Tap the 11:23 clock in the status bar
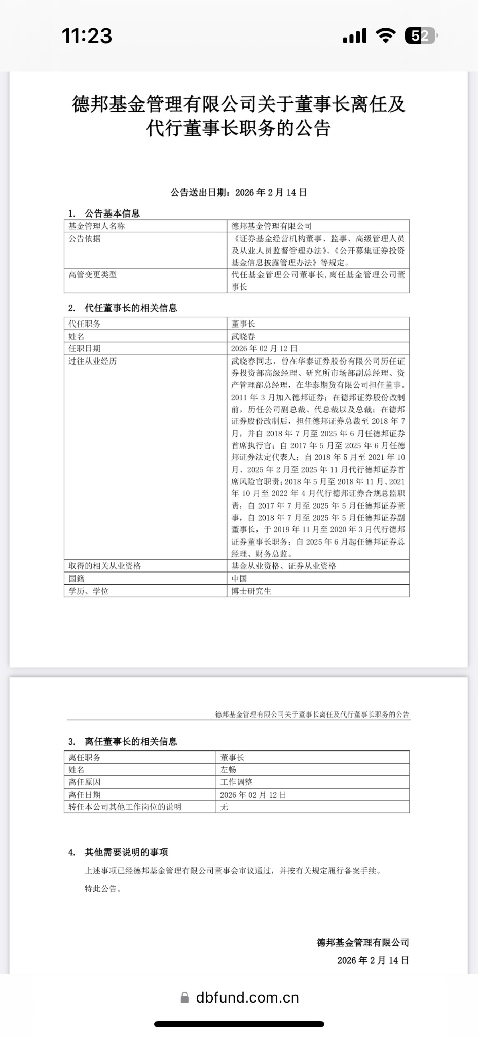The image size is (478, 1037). pyautogui.click(x=87, y=35)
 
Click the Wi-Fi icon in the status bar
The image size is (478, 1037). pyautogui.click(x=386, y=35)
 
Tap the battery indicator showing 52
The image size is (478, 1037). pyautogui.click(x=421, y=35)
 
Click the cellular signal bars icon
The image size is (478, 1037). pyautogui.click(x=355, y=35)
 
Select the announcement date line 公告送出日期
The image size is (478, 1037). pyautogui.click(x=239, y=192)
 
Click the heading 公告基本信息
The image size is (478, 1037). pyautogui.click(x=112, y=213)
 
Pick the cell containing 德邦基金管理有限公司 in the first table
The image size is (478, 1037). pyautogui.click(x=272, y=226)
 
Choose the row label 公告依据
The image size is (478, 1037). pyautogui.click(x=85, y=238)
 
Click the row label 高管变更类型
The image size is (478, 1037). pyautogui.click(x=93, y=274)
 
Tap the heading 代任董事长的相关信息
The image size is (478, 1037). pyautogui.click(x=130, y=308)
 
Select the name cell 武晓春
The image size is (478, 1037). pyautogui.click(x=243, y=336)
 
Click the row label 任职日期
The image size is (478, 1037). pyautogui.click(x=85, y=348)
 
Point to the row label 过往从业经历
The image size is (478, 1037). pyautogui.click(x=93, y=361)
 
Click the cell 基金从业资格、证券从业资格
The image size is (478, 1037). pyautogui.click(x=284, y=566)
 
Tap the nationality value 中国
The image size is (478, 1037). pyautogui.click(x=239, y=578)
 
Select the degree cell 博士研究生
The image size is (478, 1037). pyautogui.click(x=251, y=591)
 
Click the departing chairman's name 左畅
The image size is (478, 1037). pyautogui.click(x=228, y=769)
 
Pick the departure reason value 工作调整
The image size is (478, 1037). pyautogui.click(x=236, y=782)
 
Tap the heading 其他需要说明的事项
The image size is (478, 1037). pyautogui.click(x=126, y=852)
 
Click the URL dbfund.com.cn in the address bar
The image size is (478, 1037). pyautogui.click(x=247, y=997)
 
